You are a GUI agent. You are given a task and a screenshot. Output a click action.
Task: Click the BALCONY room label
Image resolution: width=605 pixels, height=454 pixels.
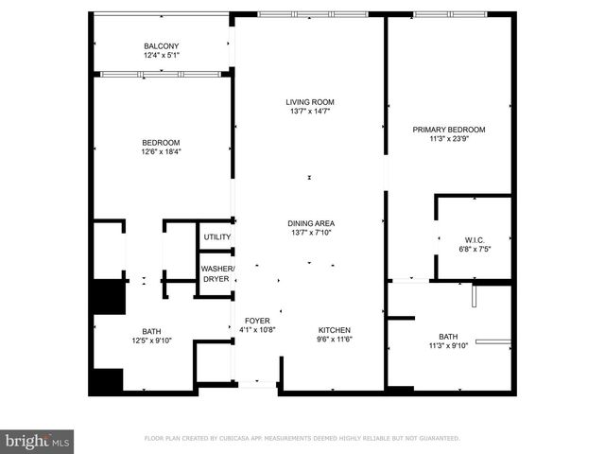coord(162,46)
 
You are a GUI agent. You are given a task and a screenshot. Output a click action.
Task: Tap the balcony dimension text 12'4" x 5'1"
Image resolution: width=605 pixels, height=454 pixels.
coord(162,56)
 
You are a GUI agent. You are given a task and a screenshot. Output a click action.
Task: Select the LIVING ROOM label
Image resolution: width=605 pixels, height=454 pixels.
coord(311,102)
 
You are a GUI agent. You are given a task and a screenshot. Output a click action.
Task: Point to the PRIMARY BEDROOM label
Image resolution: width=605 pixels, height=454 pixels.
coord(449,130)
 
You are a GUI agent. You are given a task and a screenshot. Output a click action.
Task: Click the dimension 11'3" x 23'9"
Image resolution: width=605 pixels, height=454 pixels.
coord(449,139)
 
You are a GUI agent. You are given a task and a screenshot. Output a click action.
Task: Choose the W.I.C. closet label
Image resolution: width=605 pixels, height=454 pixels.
coord(474,238)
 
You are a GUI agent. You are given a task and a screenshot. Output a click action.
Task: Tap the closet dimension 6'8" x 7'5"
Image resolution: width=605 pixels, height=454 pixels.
coord(474,249)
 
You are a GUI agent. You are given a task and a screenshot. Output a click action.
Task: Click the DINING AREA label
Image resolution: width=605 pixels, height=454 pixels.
coord(311,223)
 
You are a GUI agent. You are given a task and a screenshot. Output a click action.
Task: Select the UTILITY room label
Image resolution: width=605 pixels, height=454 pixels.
coord(217,236)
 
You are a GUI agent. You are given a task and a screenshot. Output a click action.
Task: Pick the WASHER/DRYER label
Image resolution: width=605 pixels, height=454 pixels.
coord(217,274)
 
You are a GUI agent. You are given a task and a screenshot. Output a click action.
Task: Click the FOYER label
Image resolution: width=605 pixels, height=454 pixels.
coord(257,321)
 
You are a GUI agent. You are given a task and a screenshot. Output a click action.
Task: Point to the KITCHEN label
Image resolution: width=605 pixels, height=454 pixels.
coord(335,321)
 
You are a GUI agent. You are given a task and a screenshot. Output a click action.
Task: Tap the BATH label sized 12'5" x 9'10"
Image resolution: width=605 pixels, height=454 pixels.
coord(126,330)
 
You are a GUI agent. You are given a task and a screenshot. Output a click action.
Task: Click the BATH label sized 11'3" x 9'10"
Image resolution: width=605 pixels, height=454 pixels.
coord(449,336)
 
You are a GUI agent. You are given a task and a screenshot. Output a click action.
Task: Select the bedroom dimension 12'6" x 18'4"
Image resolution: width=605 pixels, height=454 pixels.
coord(162,151)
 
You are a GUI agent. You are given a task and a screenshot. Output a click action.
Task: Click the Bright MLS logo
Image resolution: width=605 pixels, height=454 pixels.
coord(38,440)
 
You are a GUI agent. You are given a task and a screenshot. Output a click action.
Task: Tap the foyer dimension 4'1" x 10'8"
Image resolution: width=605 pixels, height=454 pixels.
coord(257,330)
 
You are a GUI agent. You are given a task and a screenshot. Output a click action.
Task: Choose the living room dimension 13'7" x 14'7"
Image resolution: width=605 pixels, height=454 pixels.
coord(311,112)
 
